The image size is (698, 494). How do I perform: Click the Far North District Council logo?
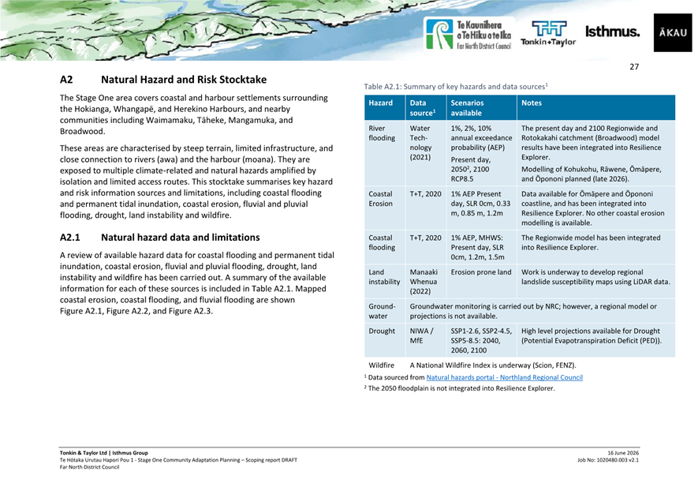tap(468, 34)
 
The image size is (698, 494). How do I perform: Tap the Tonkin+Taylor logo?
tap(548, 33)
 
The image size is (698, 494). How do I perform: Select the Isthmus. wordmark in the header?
tap(612, 32)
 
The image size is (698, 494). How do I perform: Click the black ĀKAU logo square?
tap(673, 32)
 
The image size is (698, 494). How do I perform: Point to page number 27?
tap(634, 67)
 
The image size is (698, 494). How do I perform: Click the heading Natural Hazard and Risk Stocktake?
tap(184, 80)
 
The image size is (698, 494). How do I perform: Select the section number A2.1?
tap(70, 238)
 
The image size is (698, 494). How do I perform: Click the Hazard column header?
tap(381, 103)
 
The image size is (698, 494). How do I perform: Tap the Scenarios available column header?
tap(467, 108)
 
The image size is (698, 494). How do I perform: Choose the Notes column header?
tap(532, 103)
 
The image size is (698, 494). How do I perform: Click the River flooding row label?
tap(382, 133)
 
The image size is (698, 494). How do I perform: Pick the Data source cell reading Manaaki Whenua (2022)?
tap(424, 282)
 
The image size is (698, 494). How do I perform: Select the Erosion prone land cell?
tap(481, 272)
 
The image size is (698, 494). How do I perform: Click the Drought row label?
tap(382, 331)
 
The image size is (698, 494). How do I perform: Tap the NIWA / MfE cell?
tap(421, 336)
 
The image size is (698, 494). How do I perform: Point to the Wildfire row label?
tap(381, 365)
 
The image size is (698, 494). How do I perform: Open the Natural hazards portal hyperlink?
tap(504, 378)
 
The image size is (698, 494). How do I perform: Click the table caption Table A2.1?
tap(456, 87)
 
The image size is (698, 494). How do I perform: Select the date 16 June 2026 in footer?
tap(623, 453)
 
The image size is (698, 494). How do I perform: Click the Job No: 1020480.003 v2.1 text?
tap(608, 460)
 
